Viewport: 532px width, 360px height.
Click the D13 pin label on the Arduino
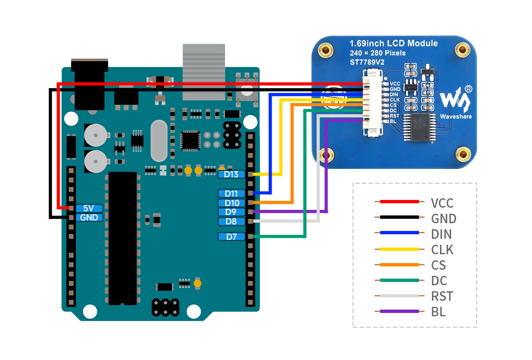(232, 174)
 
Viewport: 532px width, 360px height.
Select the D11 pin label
(232, 193)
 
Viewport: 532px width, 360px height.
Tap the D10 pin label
(232, 203)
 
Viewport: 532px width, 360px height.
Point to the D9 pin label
(232, 212)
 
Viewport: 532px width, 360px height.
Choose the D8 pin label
(232, 222)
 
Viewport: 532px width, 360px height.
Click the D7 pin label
(232, 236)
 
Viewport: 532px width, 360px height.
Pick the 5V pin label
(89, 208)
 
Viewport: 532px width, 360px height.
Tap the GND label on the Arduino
(89, 218)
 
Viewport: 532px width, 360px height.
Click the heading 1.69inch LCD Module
(393, 43)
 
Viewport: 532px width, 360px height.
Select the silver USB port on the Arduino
(204, 72)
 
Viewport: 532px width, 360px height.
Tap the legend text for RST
(442, 296)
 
